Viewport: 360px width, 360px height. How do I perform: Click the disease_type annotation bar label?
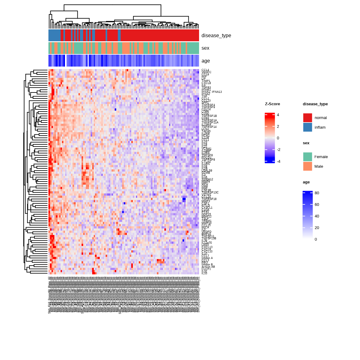click(216, 36)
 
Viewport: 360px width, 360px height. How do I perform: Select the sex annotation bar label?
click(205, 48)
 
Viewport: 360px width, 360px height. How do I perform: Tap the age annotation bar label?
click(206, 61)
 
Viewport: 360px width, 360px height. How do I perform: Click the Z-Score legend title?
click(272, 104)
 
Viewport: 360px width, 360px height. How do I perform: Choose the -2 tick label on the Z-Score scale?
click(278, 150)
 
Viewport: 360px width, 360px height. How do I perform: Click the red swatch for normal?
click(307, 118)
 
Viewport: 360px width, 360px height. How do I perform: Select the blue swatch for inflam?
click(307, 127)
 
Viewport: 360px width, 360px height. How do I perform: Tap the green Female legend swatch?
click(307, 157)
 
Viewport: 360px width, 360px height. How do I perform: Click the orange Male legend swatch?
click(307, 167)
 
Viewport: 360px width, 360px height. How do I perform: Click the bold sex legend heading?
click(306, 143)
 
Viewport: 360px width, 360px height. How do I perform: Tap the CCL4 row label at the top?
click(205, 70)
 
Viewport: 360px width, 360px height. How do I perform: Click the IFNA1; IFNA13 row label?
click(212, 92)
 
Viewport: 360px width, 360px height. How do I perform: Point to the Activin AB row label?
click(208, 267)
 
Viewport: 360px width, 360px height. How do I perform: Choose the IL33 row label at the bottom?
click(204, 273)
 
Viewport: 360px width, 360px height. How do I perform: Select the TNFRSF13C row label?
click(210, 192)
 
